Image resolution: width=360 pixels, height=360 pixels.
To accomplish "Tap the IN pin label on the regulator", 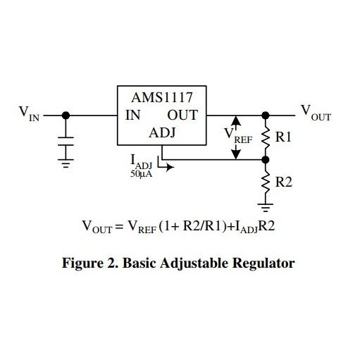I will pos(133,115).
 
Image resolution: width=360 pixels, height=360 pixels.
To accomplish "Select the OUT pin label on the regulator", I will pos(182,115).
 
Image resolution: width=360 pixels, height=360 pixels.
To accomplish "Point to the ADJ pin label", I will pos(161,133).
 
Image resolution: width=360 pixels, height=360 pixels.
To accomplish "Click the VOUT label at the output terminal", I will pos(315,112).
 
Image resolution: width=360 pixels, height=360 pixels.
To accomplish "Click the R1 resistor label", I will pos(283,137).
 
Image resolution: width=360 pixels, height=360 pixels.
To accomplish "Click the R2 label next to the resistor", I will pos(283,182).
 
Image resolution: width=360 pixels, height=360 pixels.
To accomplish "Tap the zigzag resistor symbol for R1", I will pos(266,137).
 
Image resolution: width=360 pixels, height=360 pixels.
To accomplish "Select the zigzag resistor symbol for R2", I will pos(266,182).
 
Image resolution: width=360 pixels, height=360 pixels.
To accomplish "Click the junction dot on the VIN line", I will pos(66,115).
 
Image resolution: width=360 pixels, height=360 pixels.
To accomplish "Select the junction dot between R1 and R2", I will pos(266,160).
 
